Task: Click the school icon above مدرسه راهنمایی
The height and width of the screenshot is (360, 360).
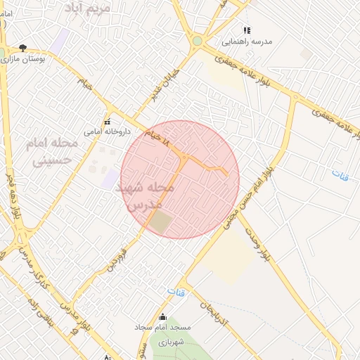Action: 246,30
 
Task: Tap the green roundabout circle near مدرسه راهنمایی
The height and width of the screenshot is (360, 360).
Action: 198,41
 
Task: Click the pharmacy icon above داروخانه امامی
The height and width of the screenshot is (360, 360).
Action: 107,120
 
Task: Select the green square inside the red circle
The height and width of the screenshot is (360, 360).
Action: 161,224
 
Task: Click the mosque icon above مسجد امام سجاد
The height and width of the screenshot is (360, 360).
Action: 163,316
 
